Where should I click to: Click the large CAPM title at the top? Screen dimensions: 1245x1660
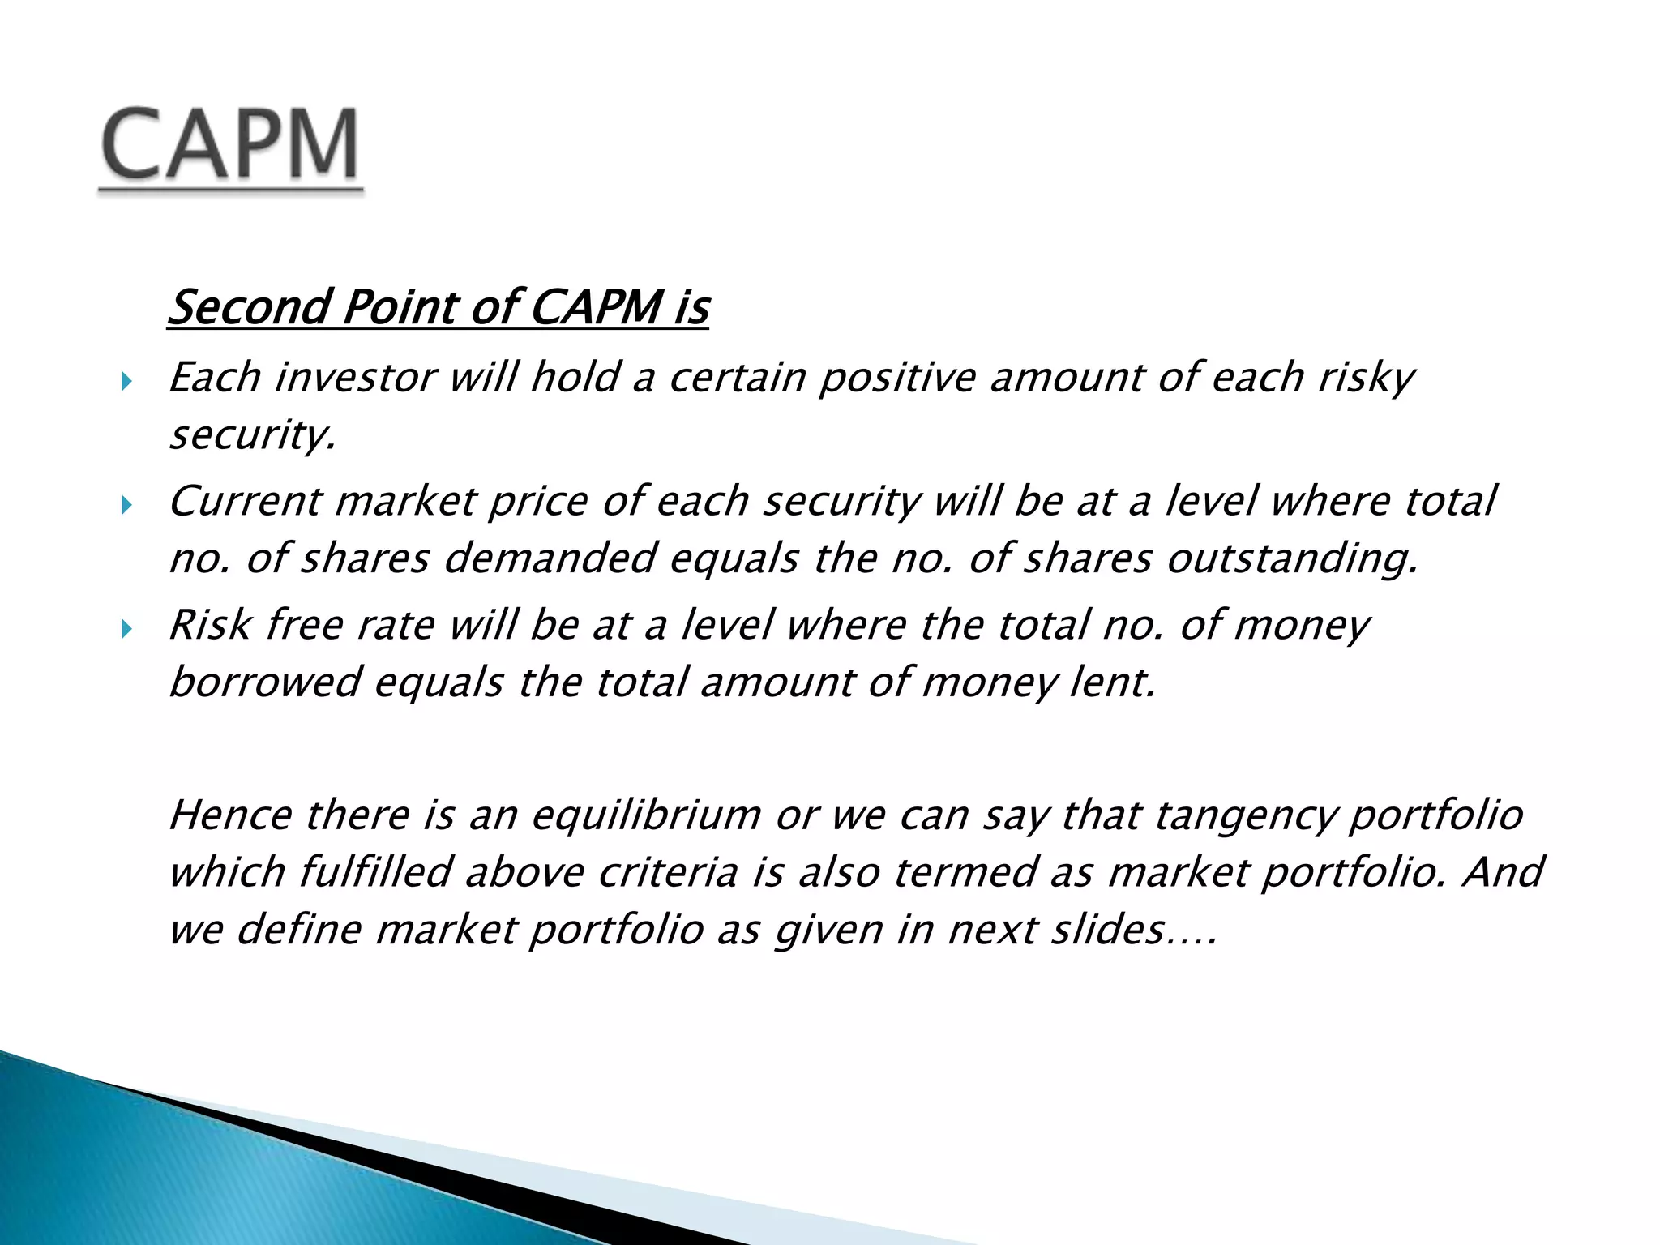(x=230, y=146)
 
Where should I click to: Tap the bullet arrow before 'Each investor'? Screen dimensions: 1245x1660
(x=126, y=381)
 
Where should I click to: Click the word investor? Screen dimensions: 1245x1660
(x=355, y=378)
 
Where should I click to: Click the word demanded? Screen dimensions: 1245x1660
(x=550, y=558)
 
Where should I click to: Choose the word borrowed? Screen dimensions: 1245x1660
(x=264, y=682)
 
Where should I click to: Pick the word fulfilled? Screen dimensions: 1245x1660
(x=374, y=873)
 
